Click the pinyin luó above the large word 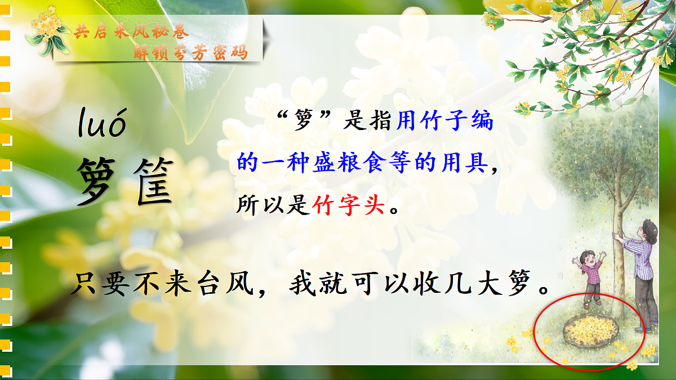(x=101, y=123)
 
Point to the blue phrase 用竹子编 (x=445, y=122)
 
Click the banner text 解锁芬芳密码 (x=190, y=52)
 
